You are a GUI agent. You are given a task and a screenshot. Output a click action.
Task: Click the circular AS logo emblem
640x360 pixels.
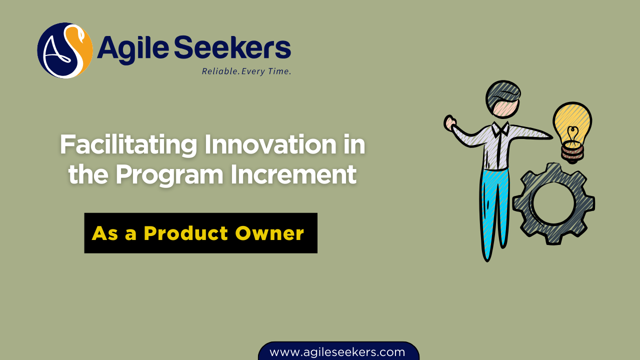click(65, 50)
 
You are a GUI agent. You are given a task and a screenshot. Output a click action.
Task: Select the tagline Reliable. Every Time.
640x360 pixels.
click(246, 71)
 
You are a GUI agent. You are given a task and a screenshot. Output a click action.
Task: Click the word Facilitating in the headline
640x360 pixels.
click(128, 145)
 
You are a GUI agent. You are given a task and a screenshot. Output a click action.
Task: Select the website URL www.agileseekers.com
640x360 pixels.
click(337, 352)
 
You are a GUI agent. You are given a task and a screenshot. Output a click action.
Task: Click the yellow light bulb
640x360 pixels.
click(572, 122)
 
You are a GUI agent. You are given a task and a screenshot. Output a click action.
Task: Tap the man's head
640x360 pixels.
click(502, 100)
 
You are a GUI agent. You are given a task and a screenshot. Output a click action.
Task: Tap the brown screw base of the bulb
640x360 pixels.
click(572, 151)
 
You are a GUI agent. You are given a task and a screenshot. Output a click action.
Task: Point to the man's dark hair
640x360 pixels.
click(503, 90)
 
